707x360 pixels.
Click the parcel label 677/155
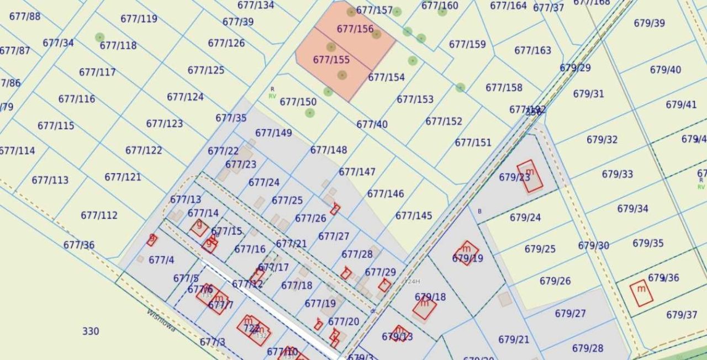pos(331,60)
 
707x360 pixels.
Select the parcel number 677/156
pos(355,29)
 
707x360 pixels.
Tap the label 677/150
pos(298,102)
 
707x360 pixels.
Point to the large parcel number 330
pos(91,331)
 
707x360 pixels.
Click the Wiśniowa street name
pos(161,320)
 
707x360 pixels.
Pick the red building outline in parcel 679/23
pos(530,176)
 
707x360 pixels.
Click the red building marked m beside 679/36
pos(641,293)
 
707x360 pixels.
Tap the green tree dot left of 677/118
pos(99,38)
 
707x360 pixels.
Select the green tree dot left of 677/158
pos(460,87)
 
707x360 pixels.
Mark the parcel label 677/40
pos(372,125)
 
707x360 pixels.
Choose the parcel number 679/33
pos(618,174)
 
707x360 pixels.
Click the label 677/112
pos(99,215)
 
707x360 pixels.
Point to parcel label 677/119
pos(139,19)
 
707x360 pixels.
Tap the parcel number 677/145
pos(414,216)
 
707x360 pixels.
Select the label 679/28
pos(588,348)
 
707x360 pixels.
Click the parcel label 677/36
pos(79,245)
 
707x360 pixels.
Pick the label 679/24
pos(525,218)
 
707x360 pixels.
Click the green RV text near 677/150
pos(272,96)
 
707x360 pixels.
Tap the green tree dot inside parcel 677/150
pos(310,113)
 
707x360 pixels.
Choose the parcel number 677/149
pos(273,133)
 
